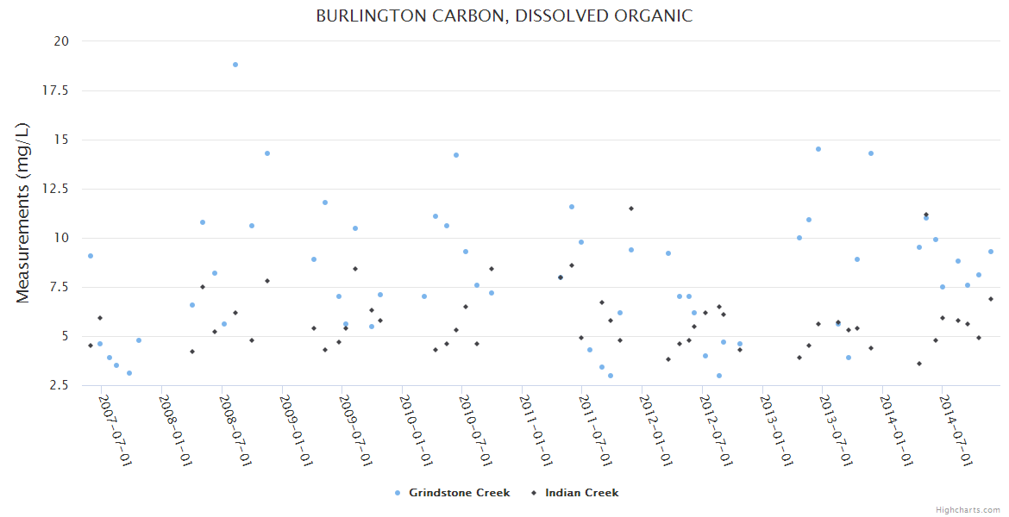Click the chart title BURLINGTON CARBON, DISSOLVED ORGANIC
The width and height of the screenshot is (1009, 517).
(x=504, y=16)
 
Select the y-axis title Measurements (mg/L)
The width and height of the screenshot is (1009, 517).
(x=23, y=213)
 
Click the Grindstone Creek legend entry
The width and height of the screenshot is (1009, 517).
(x=459, y=493)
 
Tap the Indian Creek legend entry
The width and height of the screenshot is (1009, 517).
(x=581, y=493)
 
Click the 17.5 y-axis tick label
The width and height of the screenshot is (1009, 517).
(x=57, y=90)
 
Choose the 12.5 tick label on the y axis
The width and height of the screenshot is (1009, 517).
(x=57, y=189)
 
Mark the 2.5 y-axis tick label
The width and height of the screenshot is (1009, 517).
(x=60, y=385)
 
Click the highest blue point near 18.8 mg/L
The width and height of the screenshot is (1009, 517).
(x=235, y=65)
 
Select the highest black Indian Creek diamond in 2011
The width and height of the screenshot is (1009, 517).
(x=630, y=209)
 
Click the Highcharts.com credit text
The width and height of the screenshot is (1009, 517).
(x=968, y=509)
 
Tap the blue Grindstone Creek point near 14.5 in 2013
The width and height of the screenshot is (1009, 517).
(x=818, y=149)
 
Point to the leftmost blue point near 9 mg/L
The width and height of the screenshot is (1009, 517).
(x=91, y=256)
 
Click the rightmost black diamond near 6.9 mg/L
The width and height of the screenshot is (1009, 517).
(x=991, y=299)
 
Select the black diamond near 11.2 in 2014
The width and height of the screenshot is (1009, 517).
(x=926, y=215)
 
